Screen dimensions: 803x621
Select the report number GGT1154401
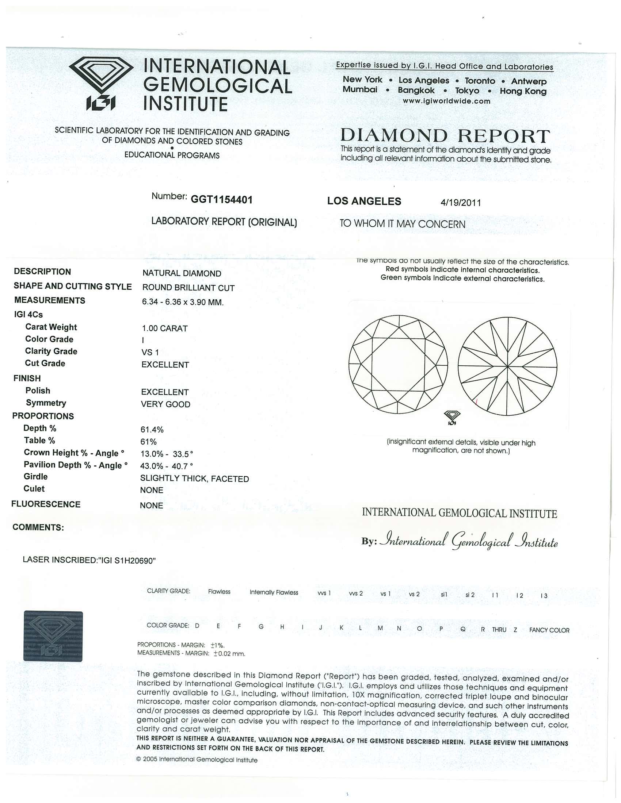click(221, 200)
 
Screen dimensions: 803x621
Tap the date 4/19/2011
click(461, 203)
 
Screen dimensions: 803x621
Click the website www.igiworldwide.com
click(446, 101)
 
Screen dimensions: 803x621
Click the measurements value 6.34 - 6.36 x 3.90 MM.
click(183, 302)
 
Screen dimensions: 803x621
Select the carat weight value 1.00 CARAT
click(165, 328)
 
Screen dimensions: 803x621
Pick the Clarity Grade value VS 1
click(150, 352)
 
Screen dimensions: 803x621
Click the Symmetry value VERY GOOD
click(165, 404)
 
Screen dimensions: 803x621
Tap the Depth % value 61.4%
click(152, 430)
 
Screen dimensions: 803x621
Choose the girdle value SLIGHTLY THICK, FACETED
click(195, 479)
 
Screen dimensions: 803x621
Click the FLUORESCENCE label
click(46, 504)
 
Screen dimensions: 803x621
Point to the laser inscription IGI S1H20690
click(89, 560)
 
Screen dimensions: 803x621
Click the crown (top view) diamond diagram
click(398, 364)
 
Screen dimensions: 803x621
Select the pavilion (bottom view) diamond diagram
click(507, 366)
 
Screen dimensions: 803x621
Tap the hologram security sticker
click(53, 636)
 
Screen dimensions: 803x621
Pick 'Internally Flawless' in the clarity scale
click(274, 592)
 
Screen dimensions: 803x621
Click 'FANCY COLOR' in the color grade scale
click(549, 630)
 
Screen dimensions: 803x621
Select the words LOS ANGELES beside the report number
click(364, 201)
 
